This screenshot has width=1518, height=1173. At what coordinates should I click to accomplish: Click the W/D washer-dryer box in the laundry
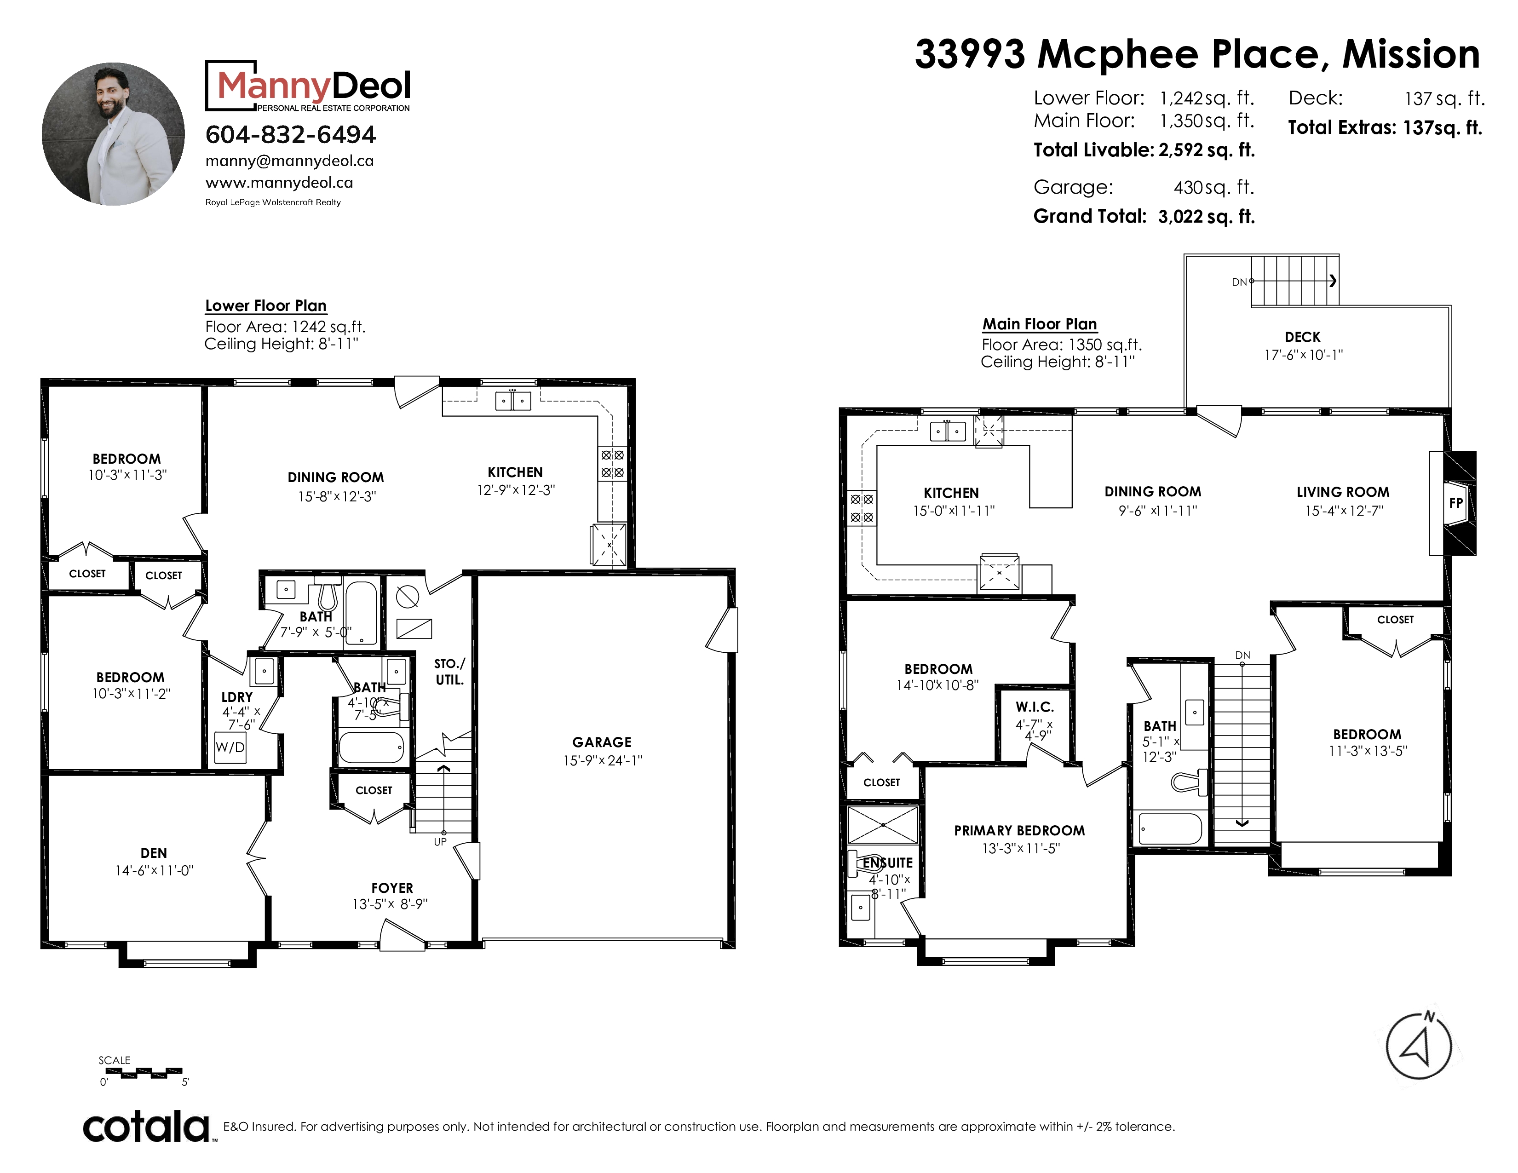click(230, 747)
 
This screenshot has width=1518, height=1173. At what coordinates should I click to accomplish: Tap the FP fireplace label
click(1455, 502)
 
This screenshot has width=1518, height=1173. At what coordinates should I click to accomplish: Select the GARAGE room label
click(602, 742)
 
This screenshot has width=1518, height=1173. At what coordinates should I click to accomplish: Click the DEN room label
click(154, 853)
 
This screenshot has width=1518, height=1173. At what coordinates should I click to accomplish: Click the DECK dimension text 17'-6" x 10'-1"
click(1303, 354)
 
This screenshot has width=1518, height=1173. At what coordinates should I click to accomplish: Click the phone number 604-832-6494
click(291, 134)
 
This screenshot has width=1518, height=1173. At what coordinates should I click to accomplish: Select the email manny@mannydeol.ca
click(290, 161)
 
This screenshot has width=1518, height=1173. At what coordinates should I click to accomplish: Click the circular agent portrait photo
click(113, 134)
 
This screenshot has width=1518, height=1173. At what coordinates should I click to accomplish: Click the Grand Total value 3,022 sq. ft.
click(1207, 217)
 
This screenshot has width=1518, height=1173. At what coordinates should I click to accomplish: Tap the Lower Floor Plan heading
click(265, 306)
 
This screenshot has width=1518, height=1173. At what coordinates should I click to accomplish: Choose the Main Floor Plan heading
click(1040, 324)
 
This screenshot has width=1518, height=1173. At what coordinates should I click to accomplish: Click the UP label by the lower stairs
click(440, 841)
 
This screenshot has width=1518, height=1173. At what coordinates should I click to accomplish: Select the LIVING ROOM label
click(1343, 492)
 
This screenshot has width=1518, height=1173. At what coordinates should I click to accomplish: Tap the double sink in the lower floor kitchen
click(513, 401)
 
